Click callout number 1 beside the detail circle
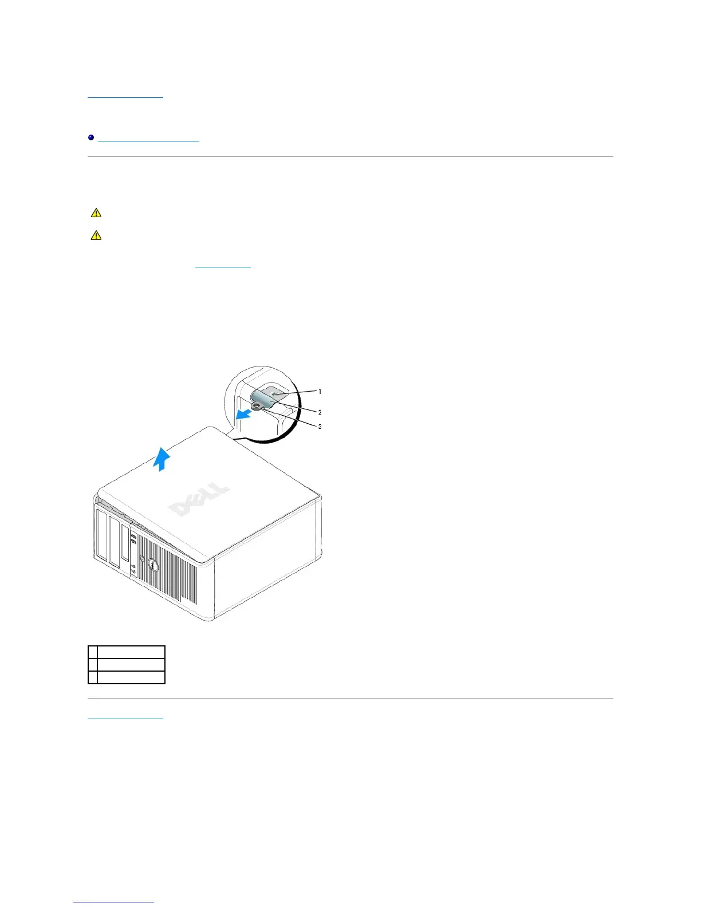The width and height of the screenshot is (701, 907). click(320, 392)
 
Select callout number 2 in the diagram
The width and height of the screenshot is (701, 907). click(320, 412)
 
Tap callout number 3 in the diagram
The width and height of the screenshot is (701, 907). click(320, 427)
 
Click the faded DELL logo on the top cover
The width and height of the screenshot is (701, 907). click(198, 500)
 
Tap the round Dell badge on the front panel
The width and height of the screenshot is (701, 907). click(153, 565)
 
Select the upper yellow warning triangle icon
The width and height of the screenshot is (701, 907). click(96, 213)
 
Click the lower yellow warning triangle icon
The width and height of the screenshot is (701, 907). click(96, 235)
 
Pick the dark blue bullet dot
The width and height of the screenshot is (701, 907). click(91, 138)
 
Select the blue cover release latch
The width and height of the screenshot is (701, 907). click(266, 397)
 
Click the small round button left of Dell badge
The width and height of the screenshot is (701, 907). click(142, 558)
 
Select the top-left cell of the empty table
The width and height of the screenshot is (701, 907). click(93, 652)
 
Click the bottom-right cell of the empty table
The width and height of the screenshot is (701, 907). click(131, 677)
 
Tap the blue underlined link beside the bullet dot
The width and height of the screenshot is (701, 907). click(148, 139)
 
